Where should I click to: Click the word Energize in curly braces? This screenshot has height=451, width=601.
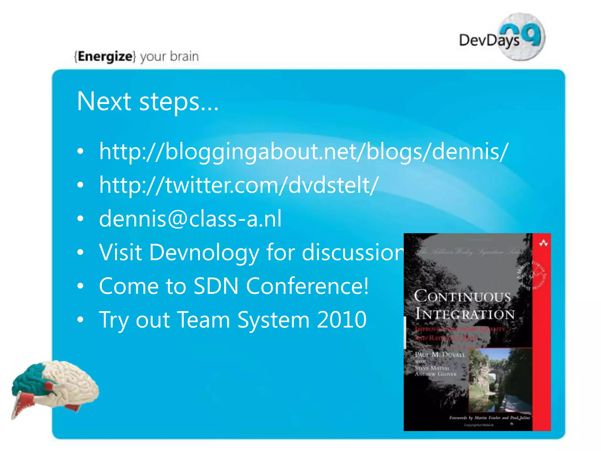105,56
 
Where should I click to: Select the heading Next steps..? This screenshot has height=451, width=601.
148,101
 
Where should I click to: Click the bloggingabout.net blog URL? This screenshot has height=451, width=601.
303,152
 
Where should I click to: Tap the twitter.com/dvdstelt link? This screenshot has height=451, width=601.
239,185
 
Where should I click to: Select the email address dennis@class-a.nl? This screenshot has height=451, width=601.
190,219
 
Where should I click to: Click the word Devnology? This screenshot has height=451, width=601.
204,252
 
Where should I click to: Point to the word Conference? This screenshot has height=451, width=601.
307,286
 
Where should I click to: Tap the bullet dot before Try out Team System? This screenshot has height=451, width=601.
80,319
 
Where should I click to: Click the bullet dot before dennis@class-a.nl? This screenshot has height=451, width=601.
80,219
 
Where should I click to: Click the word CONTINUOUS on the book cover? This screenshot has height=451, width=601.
462,296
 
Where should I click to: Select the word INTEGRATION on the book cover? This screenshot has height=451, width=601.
465,314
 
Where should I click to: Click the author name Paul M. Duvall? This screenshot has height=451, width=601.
440,355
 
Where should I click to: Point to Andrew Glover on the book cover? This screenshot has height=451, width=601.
435,374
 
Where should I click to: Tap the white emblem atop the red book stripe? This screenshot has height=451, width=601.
543,243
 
